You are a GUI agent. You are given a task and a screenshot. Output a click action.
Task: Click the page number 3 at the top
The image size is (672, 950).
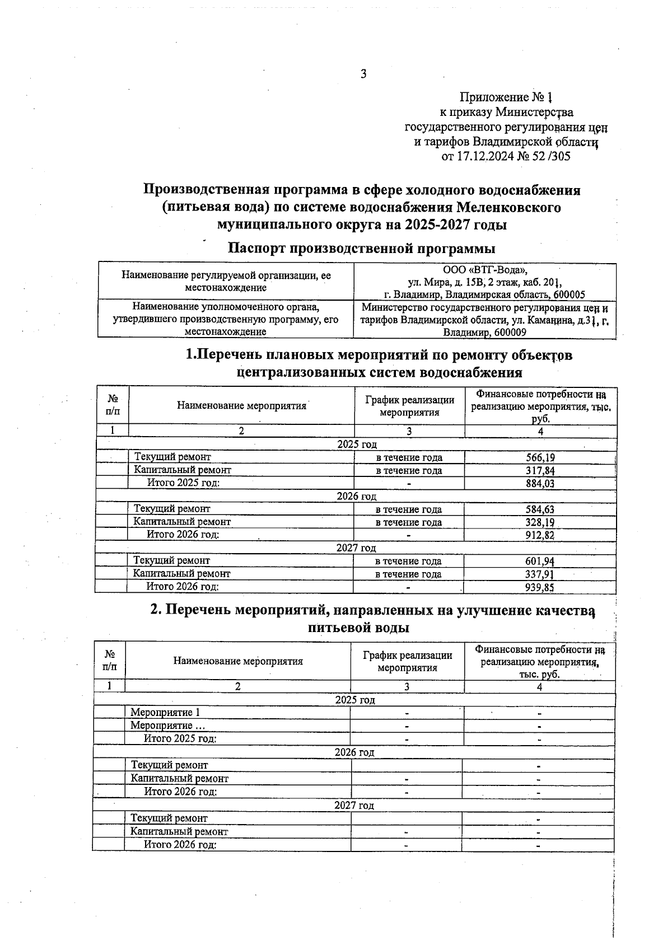pyautogui.click(x=363, y=74)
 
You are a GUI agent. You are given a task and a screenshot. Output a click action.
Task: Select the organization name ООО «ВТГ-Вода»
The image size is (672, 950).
pyautogui.click(x=485, y=270)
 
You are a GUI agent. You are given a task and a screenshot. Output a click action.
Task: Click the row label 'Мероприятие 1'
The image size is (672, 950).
pyautogui.click(x=165, y=713)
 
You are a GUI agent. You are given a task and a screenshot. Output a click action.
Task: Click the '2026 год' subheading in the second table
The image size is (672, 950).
pyautogui.click(x=354, y=752)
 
